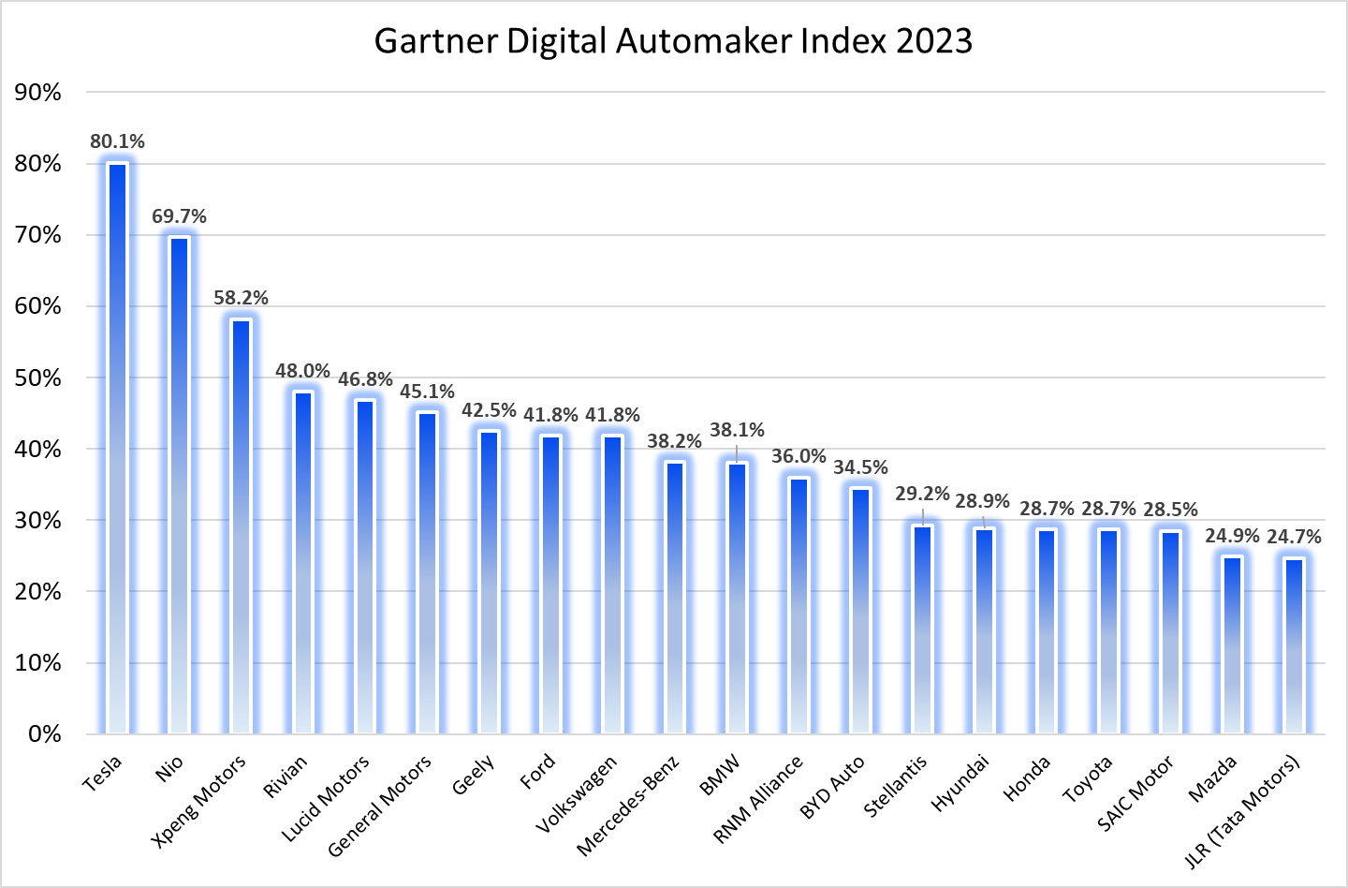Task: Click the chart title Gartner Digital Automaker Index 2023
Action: [673, 42]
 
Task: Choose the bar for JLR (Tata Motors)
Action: [1294, 645]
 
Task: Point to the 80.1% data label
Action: [117, 141]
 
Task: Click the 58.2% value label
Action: [241, 298]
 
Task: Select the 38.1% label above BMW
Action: [737, 430]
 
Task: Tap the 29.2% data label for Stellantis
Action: [922, 494]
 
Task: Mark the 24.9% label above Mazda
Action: [1232, 536]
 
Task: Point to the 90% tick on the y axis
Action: [37, 92]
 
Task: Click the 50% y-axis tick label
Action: [37, 377]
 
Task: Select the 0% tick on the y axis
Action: [44, 733]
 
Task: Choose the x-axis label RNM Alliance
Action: [758, 799]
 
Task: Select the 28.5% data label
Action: [1170, 510]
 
